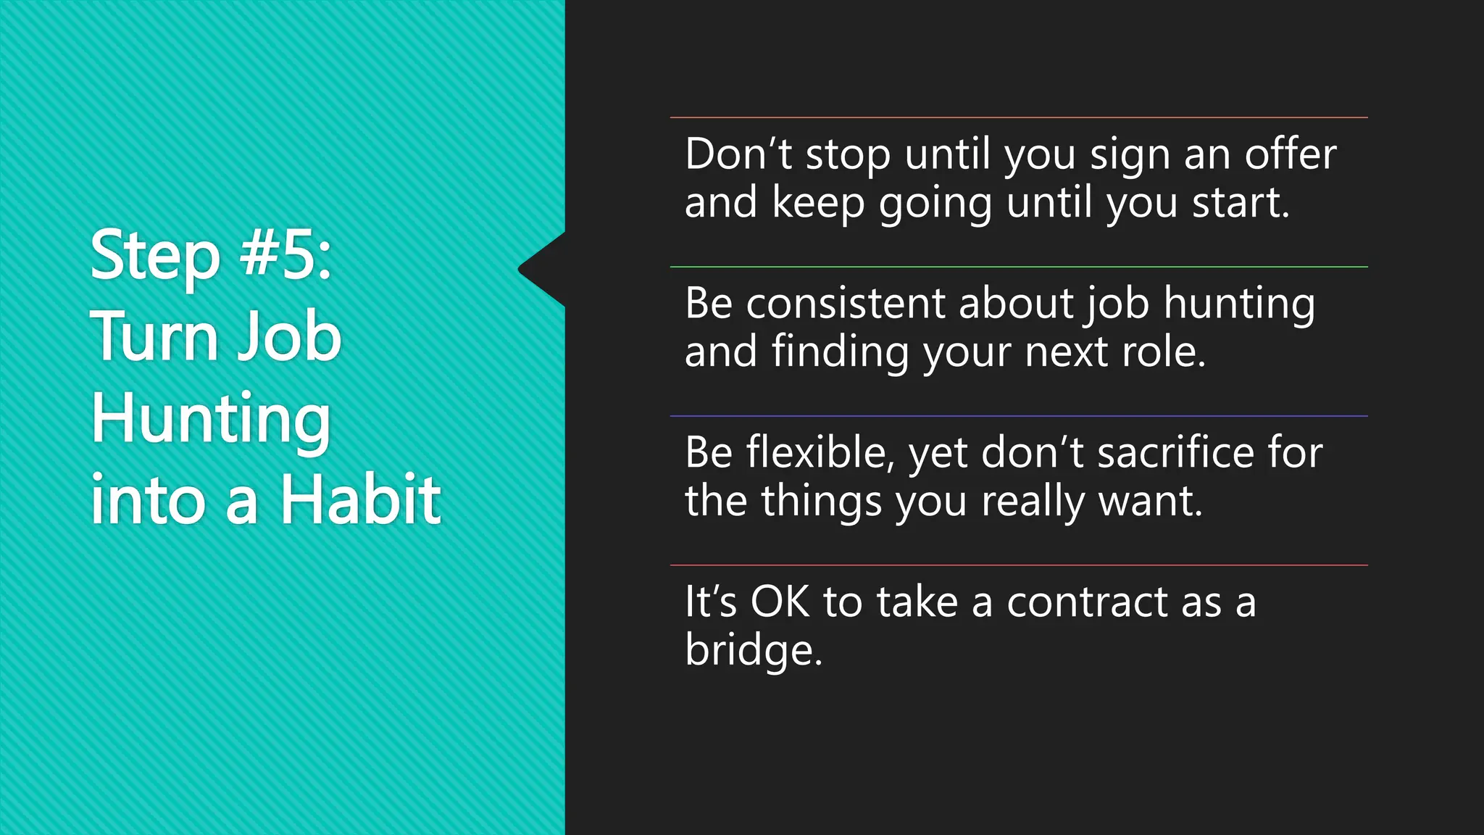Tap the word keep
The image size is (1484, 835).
click(x=818, y=203)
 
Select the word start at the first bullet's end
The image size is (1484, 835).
click(x=1240, y=203)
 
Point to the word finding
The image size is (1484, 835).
click(x=840, y=352)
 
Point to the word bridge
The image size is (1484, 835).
click(x=753, y=650)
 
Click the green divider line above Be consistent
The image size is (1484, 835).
click(x=1019, y=267)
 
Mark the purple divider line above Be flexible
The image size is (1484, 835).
click(x=1019, y=416)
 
